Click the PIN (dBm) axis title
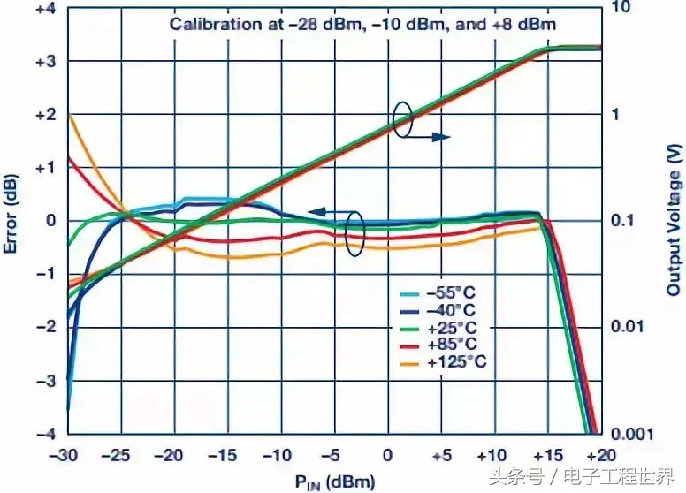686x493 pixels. click(336, 482)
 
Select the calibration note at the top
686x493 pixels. click(363, 24)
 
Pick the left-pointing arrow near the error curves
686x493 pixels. click(328, 212)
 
